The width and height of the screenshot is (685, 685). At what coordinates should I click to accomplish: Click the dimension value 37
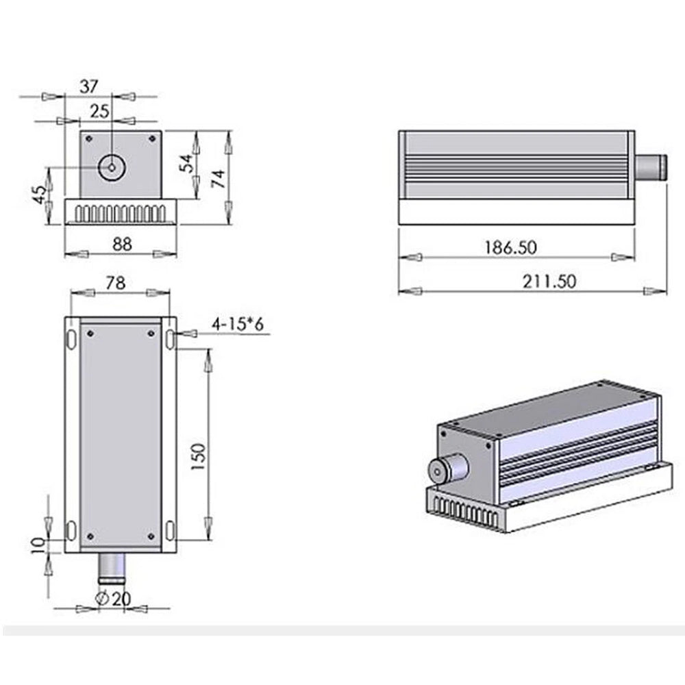pyautogui.click(x=89, y=86)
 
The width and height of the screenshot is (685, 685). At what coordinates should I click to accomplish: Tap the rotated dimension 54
pyautogui.click(x=185, y=164)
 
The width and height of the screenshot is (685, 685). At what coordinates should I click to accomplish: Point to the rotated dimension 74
pyautogui.click(x=217, y=179)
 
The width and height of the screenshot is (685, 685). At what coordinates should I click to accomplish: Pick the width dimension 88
pyautogui.click(x=122, y=243)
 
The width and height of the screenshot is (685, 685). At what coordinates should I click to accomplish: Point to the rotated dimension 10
pyautogui.click(x=39, y=544)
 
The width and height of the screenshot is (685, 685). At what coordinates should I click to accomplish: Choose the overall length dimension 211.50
pyautogui.click(x=550, y=281)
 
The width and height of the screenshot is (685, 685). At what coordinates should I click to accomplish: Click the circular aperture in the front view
pyautogui.click(x=111, y=166)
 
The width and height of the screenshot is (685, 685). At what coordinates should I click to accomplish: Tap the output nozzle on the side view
pyautogui.click(x=651, y=166)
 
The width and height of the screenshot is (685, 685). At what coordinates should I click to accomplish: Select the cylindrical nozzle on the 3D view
pyautogui.click(x=447, y=469)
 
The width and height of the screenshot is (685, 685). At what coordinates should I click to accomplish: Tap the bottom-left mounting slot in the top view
pyautogui.click(x=71, y=529)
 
